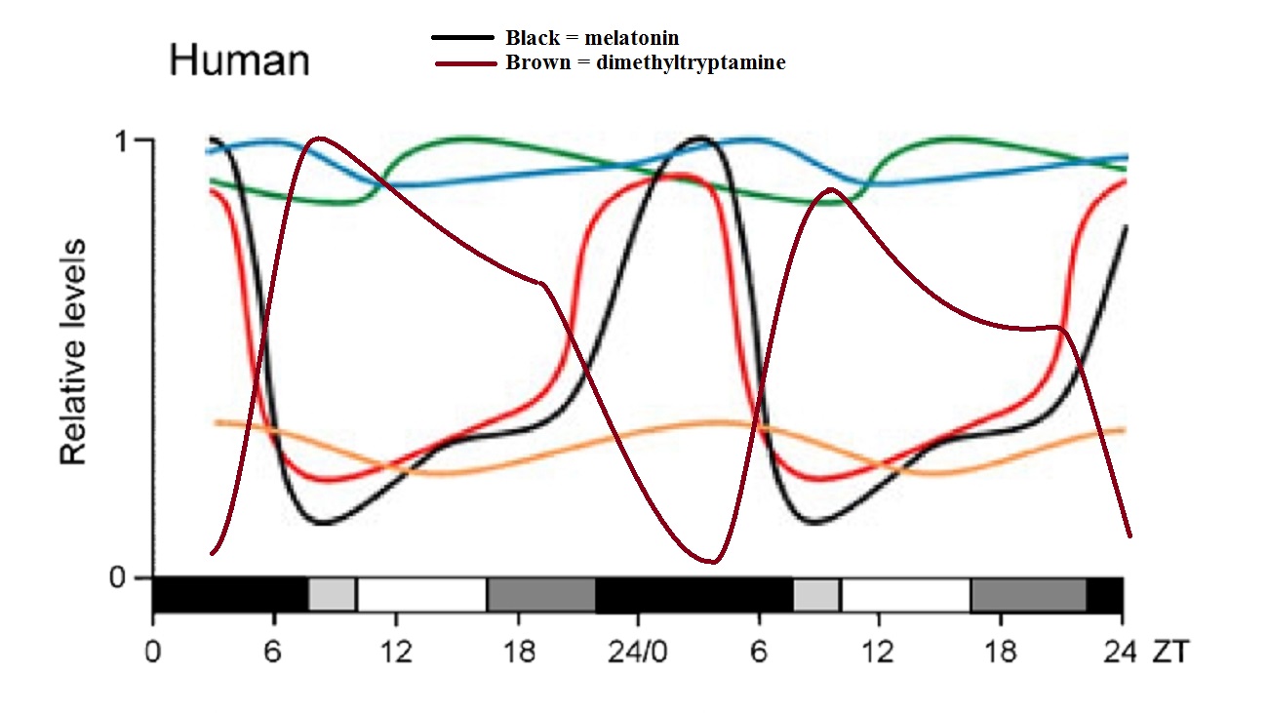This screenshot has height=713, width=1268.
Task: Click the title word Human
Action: click(x=239, y=60)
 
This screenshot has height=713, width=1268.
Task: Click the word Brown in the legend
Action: click(x=533, y=63)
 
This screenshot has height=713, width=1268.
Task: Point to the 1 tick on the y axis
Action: click(x=121, y=140)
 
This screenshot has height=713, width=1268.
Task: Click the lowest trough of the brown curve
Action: click(x=713, y=562)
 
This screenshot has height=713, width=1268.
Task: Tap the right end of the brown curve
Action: click(x=1129, y=535)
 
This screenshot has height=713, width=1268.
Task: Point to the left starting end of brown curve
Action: click(x=212, y=554)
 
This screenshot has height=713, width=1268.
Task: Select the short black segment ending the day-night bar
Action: click(x=1105, y=594)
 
